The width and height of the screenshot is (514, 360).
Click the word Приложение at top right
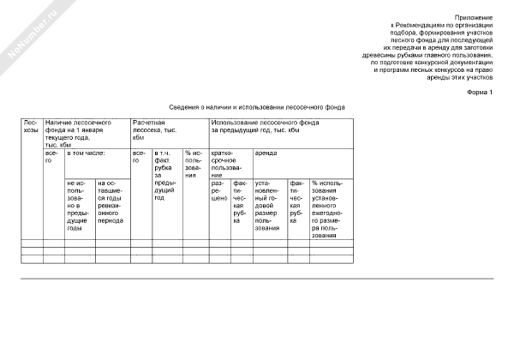[474, 17]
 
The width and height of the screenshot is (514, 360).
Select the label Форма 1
[480, 92]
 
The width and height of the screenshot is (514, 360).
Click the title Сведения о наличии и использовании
[257, 107]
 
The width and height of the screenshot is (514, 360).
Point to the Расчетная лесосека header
[154, 130]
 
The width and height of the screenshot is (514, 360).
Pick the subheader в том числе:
[86, 153]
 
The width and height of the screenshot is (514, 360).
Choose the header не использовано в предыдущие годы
[80, 206]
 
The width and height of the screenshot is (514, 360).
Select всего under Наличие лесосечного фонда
[53, 156]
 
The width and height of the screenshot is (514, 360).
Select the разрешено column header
[219, 189]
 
